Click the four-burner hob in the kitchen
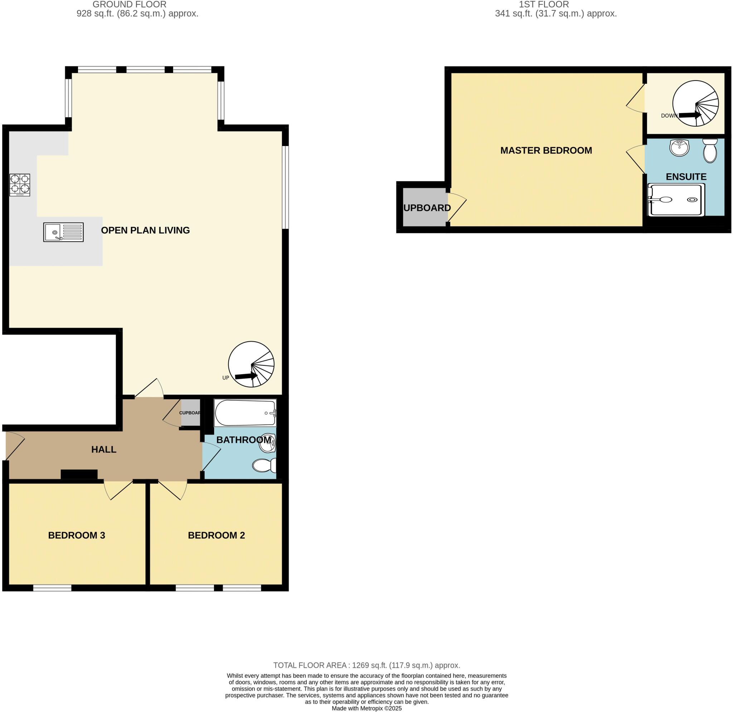point(20,185)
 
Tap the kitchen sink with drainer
point(63,232)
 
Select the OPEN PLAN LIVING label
point(145,230)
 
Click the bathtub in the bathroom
point(245,413)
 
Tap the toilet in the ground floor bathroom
point(264,465)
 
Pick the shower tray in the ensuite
point(676,200)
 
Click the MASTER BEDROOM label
point(546,150)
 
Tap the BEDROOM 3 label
point(77,535)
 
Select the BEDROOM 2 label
point(216,535)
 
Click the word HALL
point(103,449)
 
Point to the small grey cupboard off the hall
point(191,413)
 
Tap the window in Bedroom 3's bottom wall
point(52,588)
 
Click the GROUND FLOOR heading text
point(130,5)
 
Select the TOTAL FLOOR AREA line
point(366,665)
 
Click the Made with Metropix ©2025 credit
point(366,708)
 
